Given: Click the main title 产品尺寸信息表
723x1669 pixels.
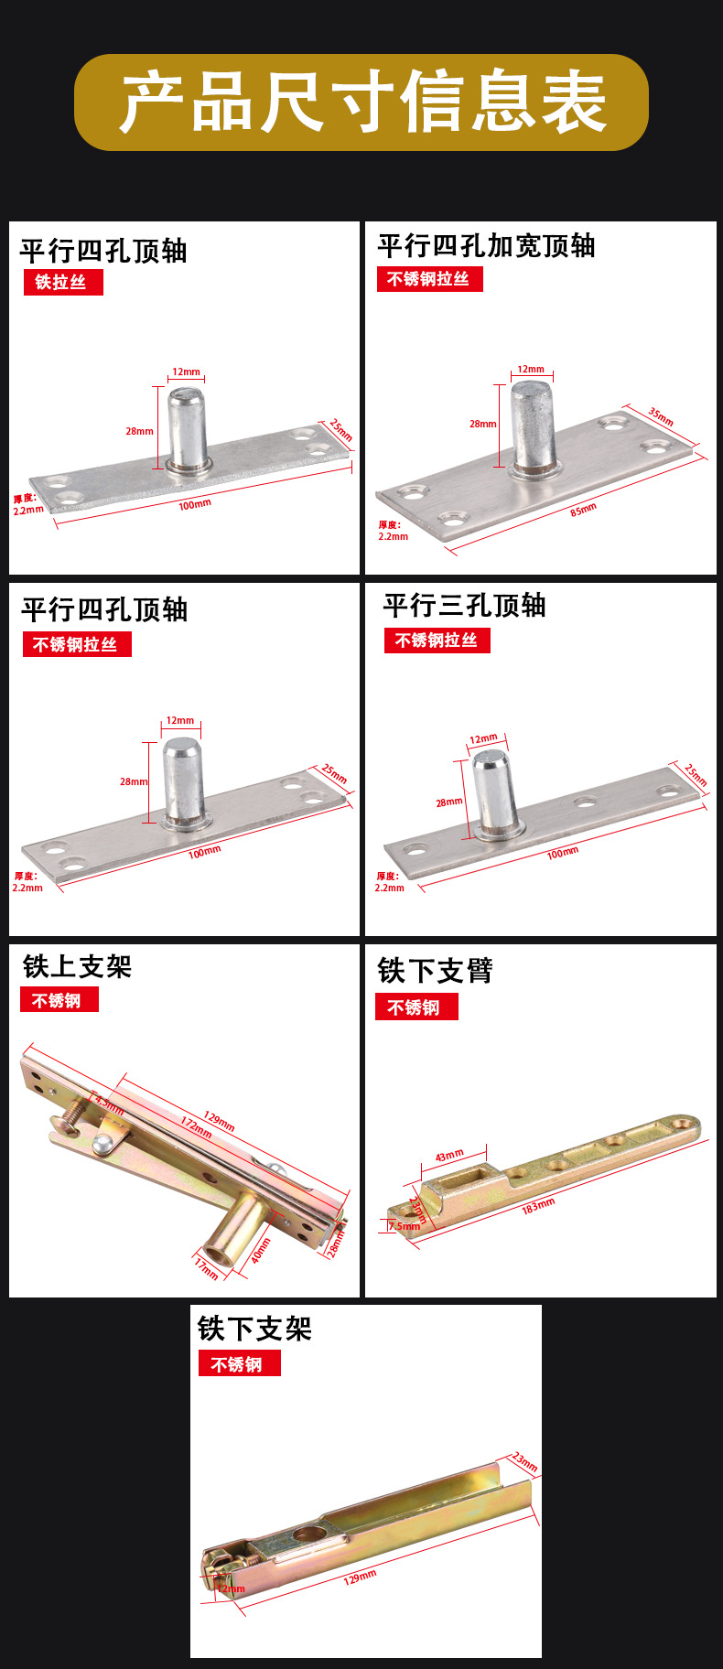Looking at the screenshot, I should pyautogui.click(x=361, y=102).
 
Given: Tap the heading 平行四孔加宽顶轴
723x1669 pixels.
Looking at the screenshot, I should pyautogui.click(x=486, y=246).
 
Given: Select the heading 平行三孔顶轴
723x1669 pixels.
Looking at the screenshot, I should pyautogui.click(x=464, y=606).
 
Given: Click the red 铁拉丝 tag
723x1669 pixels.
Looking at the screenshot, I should pyautogui.click(x=62, y=282).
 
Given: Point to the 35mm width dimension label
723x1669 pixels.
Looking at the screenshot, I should pyautogui.click(x=661, y=416).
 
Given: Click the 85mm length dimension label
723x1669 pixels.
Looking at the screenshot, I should pyautogui.click(x=583, y=510).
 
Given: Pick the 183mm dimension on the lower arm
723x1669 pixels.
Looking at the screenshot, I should pyautogui.click(x=538, y=1205).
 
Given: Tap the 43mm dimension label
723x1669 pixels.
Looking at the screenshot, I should pyautogui.click(x=448, y=1156).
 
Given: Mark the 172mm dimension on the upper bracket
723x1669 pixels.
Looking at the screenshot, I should pyautogui.click(x=196, y=1126).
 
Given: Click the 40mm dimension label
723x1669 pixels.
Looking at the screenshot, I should pyautogui.click(x=261, y=1251).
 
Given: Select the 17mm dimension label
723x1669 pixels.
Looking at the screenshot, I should pyautogui.click(x=207, y=1267).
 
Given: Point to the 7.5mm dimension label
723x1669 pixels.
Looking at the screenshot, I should pyautogui.click(x=405, y=1226).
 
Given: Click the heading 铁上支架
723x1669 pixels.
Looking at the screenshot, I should pyautogui.click(x=78, y=967).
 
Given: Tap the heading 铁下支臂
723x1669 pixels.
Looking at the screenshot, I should pyautogui.click(x=435, y=971).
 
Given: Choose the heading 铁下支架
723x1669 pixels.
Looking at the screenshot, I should pyautogui.click(x=254, y=1329).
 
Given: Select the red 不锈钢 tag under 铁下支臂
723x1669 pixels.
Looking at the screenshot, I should pyautogui.click(x=415, y=1007).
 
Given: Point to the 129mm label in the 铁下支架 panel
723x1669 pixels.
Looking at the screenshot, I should pyautogui.click(x=360, y=1577).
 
